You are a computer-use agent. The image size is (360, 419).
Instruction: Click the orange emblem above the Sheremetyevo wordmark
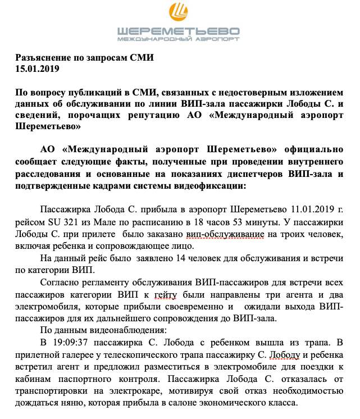(x=179, y=12)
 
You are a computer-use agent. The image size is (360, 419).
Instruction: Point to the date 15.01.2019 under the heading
(x=37, y=69)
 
